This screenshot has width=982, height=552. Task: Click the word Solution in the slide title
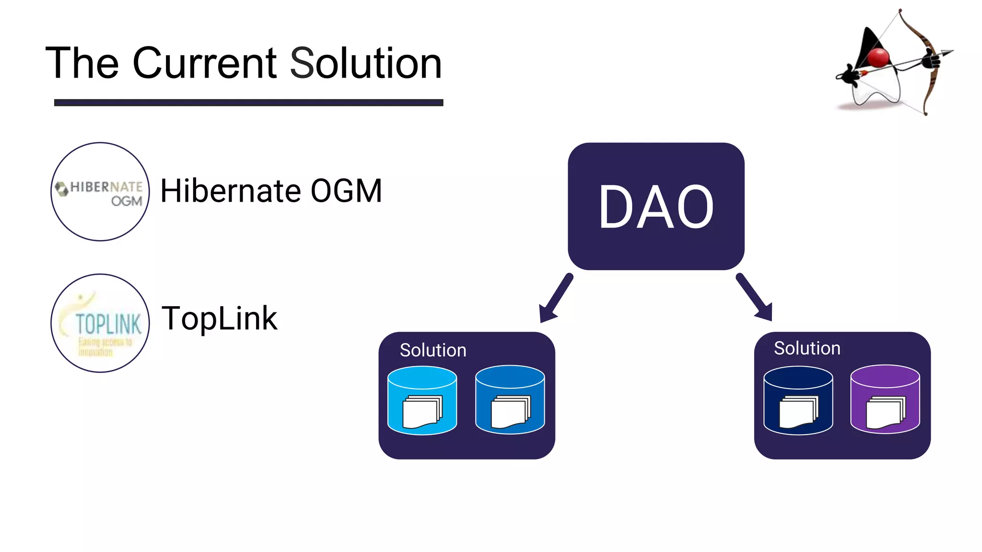(365, 63)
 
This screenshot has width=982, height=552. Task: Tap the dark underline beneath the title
(248, 103)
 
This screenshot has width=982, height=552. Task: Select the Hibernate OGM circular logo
(100, 192)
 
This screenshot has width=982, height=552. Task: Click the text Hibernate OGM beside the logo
(271, 191)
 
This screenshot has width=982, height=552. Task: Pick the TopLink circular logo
(100, 323)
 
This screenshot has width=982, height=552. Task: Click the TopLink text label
(220, 318)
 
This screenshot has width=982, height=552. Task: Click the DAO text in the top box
(656, 207)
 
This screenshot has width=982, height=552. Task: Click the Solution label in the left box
(433, 350)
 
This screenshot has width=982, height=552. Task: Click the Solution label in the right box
(807, 348)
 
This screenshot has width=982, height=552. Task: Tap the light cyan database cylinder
(422, 400)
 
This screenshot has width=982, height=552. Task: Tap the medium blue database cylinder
(510, 400)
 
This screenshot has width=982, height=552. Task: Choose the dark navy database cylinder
(798, 400)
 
